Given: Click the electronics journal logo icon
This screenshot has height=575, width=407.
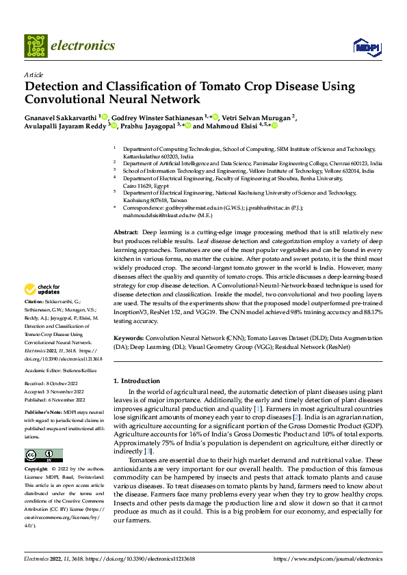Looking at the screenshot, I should [x=36, y=45].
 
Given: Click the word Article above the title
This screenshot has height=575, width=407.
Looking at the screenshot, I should [x=33, y=74].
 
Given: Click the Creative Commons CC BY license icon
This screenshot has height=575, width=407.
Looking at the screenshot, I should [x=43, y=455].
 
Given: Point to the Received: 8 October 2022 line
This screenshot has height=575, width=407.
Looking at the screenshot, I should [x=51, y=384].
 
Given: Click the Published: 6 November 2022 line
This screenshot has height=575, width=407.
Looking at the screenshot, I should [x=54, y=400].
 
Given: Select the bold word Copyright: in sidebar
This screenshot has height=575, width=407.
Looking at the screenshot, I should [x=36, y=469].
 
